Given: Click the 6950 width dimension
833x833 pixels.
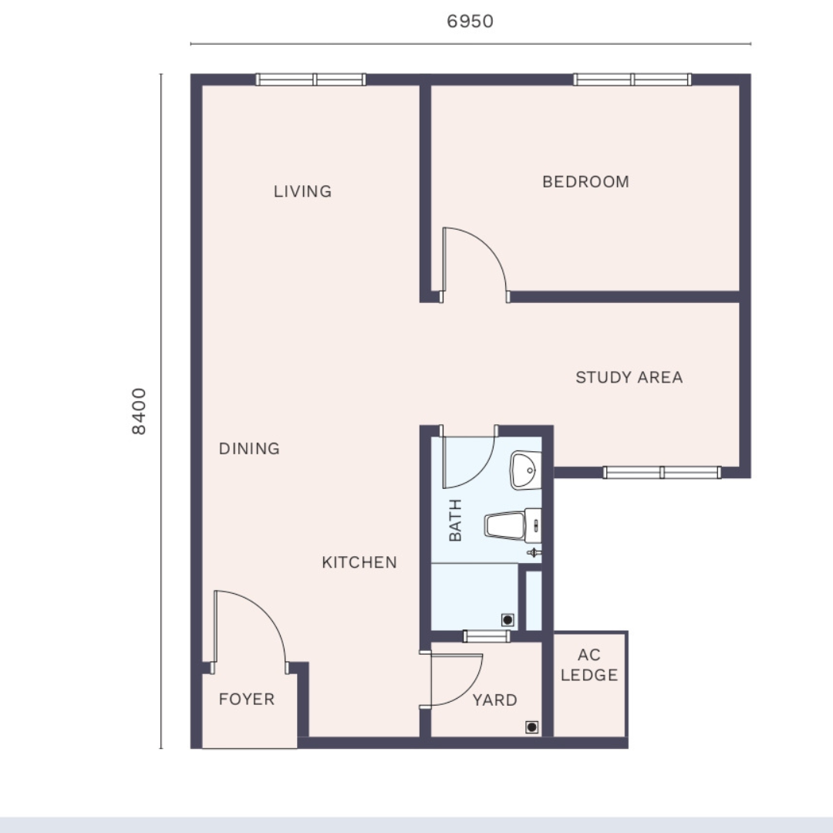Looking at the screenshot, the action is coord(470,22).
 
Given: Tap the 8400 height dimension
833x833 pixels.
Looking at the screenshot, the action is coord(139,410).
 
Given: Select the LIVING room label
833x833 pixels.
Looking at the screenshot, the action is coord(303,191).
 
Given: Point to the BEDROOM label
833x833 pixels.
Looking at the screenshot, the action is coord(585,182).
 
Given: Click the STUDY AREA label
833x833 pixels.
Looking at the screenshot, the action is coord(629,377).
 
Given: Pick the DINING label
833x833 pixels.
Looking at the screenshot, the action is coord(249,449).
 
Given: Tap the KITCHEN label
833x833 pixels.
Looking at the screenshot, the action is coord(359,562).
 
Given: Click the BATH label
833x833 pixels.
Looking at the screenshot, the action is coord(455,520).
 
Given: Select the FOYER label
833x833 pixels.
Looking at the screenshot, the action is coord(247,699).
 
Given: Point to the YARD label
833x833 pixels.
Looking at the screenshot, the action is coord(495,700).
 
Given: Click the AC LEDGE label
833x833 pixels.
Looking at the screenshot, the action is coord(589,665).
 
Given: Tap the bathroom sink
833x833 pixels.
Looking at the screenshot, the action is coord(525,470).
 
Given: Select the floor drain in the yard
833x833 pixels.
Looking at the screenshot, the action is coord(531,727).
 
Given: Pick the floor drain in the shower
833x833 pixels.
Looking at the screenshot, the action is coord(508,620).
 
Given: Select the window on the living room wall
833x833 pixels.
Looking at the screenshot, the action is coord(311,79).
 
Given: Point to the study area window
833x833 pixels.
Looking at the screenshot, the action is coord(662,472).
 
